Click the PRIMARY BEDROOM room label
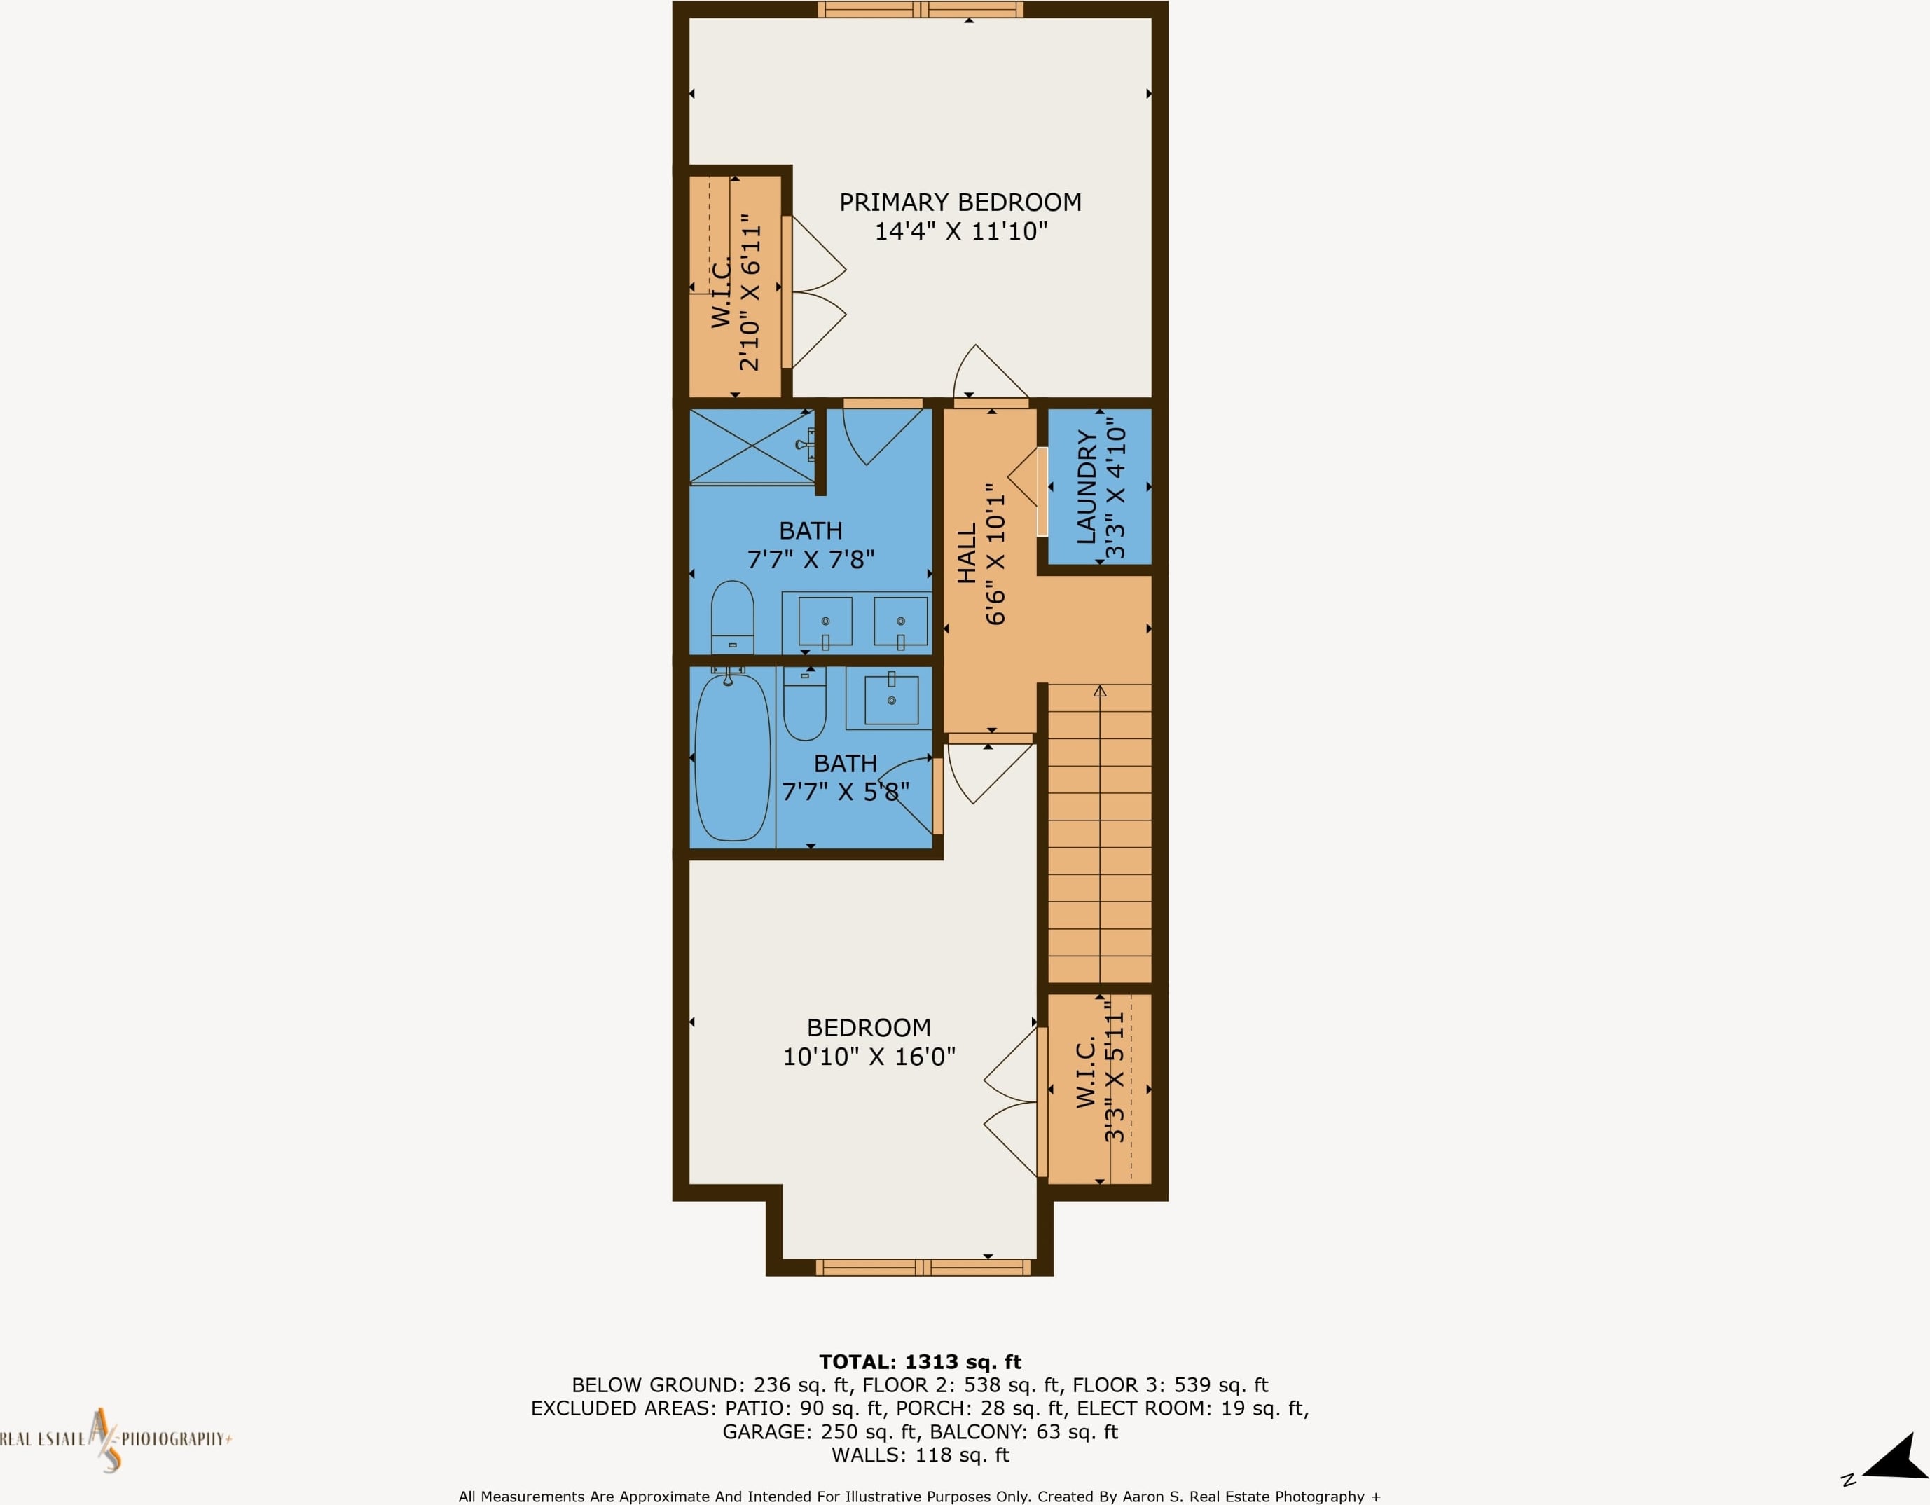[960, 202]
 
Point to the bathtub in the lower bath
[733, 757]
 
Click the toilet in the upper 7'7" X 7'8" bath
[733, 617]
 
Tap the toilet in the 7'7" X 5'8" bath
[805, 703]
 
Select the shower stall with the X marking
[751, 446]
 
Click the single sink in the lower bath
[891, 699]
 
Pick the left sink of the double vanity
[825, 622]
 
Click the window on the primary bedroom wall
[921, 10]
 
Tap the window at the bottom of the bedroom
[923, 1268]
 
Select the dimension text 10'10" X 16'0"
[869, 1056]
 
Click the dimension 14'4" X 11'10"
[961, 231]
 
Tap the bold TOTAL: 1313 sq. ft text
[920, 1362]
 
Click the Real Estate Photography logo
[115, 1440]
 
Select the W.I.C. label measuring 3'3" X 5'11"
[1086, 1072]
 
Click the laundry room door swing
[1022, 478]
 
